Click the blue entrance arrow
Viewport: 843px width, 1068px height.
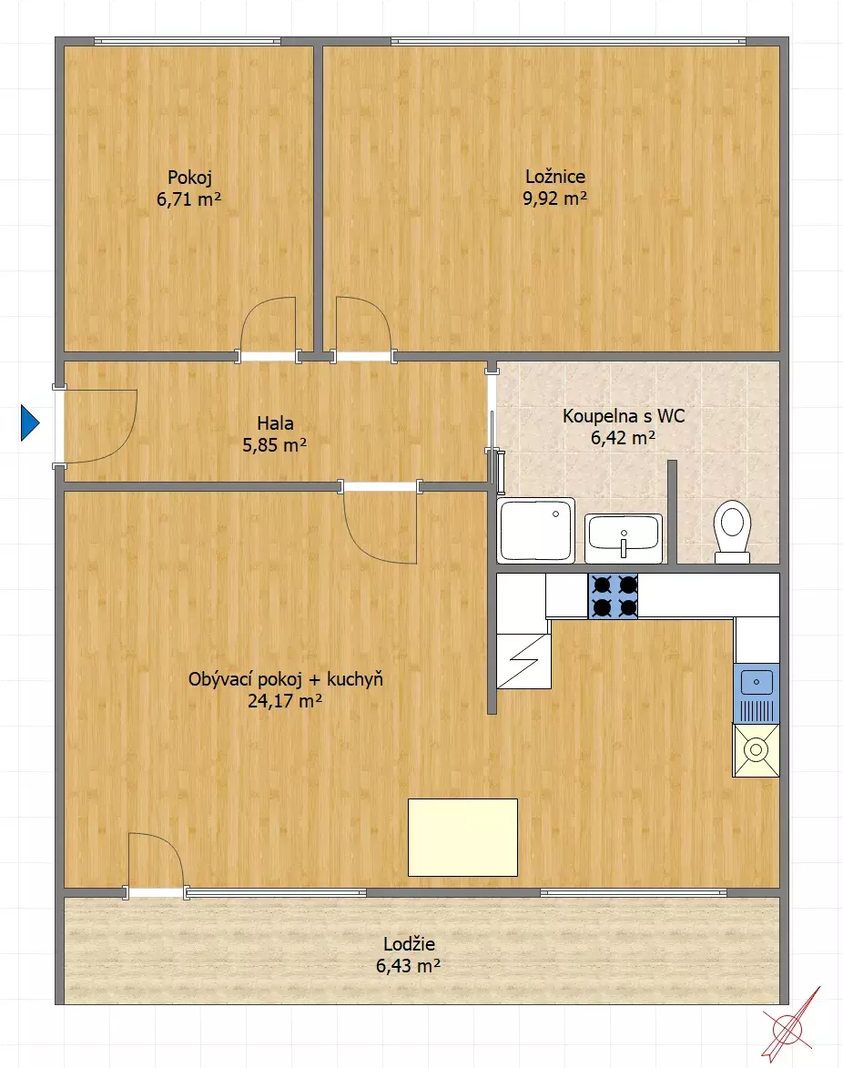(29, 423)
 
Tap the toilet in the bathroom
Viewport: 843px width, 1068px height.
(732, 532)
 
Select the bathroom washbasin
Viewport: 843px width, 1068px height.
(624, 538)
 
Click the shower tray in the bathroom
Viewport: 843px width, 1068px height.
(536, 530)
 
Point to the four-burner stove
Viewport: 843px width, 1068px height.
(614, 596)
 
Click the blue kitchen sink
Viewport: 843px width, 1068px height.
(757, 693)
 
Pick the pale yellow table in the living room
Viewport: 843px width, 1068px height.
(463, 837)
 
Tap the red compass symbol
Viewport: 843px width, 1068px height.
(790, 1025)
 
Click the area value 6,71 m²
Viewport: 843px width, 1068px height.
(188, 199)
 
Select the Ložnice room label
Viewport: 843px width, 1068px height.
(555, 177)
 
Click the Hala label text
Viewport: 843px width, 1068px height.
(275, 423)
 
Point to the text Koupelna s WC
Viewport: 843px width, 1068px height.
(624, 416)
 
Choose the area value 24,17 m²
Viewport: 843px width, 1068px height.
(285, 701)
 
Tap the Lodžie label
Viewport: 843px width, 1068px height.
(409, 944)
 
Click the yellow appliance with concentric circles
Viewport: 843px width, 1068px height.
(756, 750)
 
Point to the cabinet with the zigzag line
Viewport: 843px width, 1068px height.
(523, 661)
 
